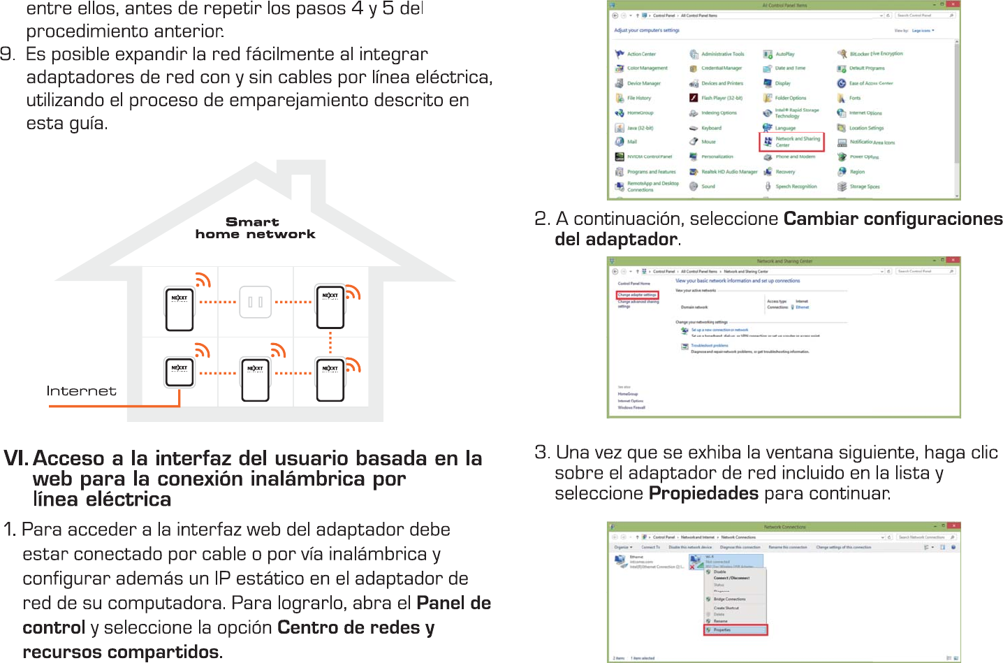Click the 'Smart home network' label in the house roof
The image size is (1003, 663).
[x=255, y=228]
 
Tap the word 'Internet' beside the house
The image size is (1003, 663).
[x=81, y=391]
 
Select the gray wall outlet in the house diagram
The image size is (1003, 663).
[x=256, y=302]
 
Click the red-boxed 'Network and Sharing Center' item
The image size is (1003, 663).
[x=792, y=142]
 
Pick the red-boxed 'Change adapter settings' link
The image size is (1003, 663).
[x=636, y=295]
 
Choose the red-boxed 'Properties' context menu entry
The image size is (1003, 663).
[x=736, y=629]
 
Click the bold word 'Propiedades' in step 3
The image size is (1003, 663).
[x=703, y=493]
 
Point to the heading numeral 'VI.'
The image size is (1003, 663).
[x=15, y=458]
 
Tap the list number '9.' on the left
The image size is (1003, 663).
[x=8, y=54]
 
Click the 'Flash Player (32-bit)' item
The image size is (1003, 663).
[x=722, y=98]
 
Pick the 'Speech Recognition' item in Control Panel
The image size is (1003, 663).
[x=796, y=187]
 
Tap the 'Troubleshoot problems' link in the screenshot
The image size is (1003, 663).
[x=709, y=345]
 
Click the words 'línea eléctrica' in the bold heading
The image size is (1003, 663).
[x=102, y=500]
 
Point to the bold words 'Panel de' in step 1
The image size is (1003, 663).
[x=453, y=603]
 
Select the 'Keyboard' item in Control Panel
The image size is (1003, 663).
[x=711, y=128]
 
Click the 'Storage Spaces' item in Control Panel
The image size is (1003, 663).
[x=864, y=187]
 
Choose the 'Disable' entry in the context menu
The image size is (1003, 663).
[x=719, y=571]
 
